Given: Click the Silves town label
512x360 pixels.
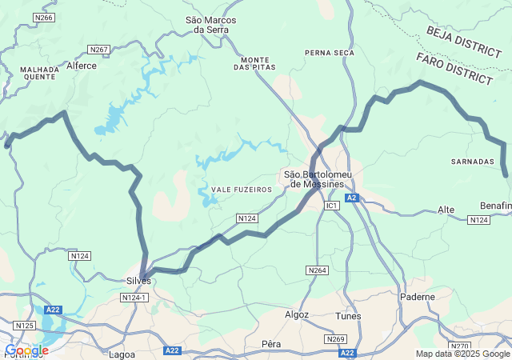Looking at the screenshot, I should [138, 281].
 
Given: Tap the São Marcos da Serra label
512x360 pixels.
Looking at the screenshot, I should [206, 25].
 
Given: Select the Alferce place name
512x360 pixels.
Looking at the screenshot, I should [81, 66].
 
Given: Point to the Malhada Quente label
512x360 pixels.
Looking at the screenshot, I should [40, 73].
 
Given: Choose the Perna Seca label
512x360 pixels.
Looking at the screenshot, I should [329, 53].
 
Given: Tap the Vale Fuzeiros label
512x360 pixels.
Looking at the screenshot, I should [242, 190].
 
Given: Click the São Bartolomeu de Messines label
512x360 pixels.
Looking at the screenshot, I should [318, 178].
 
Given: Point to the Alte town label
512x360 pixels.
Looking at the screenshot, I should [446, 210].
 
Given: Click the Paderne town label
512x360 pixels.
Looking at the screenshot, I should [418, 296].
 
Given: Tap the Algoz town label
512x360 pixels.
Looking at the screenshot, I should [297, 315].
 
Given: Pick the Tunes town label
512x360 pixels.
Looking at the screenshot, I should [348, 316].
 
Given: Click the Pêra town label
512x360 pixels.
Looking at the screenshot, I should [271, 344].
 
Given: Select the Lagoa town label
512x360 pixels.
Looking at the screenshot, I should [122, 354].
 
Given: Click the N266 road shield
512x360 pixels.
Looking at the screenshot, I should [44, 18].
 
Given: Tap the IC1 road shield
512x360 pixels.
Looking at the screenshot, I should [332, 206].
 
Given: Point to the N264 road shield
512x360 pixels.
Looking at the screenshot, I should [318, 271].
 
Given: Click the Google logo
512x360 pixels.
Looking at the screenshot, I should [26, 350].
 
